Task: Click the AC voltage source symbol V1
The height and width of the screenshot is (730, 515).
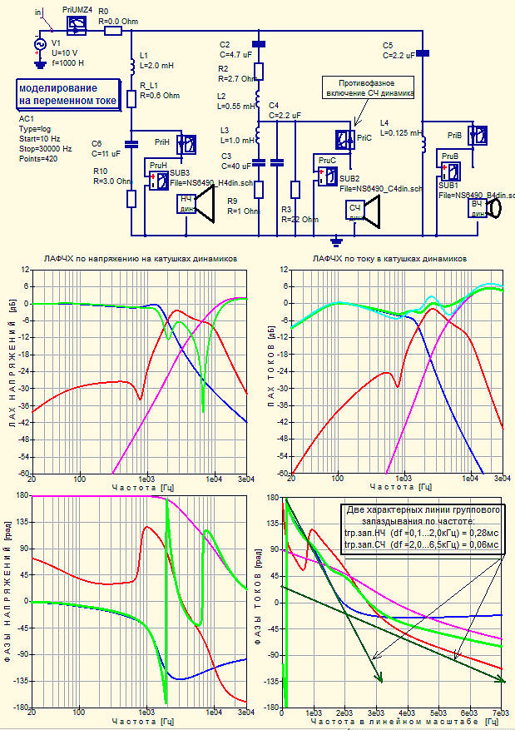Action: (38, 44)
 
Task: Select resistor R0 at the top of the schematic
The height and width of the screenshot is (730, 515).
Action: (112, 30)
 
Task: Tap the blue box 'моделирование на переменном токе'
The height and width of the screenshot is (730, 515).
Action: (68, 94)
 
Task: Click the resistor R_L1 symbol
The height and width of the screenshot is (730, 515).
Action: (131, 99)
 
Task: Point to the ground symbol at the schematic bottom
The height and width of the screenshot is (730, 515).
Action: (336, 241)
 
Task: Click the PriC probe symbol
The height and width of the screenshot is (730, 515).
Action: (344, 139)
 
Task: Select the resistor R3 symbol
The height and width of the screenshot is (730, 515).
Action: (295, 189)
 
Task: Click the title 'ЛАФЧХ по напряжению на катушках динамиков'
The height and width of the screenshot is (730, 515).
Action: (141, 260)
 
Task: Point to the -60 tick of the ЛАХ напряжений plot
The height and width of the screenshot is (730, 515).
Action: (24, 473)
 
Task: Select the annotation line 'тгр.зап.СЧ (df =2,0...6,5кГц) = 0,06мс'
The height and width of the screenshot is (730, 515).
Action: (422, 544)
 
